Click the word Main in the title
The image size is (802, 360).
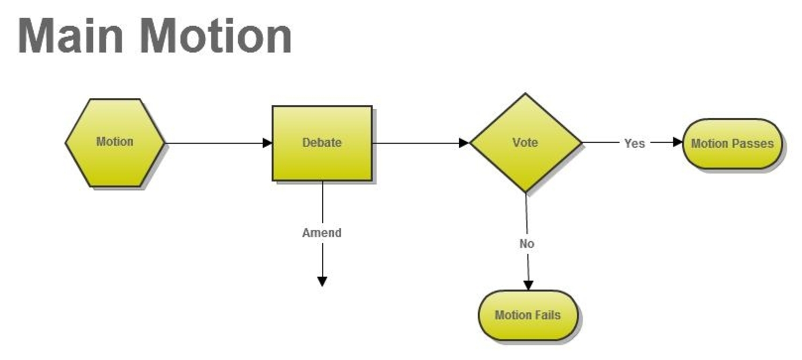tap(71, 36)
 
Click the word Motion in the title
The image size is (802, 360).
tap(216, 36)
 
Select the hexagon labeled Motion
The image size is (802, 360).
tap(115, 143)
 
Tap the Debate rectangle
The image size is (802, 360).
tap(322, 143)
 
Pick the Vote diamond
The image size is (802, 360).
tap(525, 143)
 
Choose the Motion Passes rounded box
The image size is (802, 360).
tap(732, 143)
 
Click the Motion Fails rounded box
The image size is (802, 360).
tap(528, 315)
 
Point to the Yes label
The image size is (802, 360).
tap(635, 143)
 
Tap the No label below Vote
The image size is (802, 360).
tap(527, 243)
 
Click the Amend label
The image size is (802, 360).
tap(322, 233)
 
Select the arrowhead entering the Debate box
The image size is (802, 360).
tap(267, 143)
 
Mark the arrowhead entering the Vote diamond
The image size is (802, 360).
tap(464, 143)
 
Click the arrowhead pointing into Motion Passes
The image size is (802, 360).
tap(678, 142)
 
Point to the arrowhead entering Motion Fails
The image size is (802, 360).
tap(528, 286)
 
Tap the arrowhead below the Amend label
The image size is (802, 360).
tap(322, 281)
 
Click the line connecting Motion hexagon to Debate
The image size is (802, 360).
tap(214, 143)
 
